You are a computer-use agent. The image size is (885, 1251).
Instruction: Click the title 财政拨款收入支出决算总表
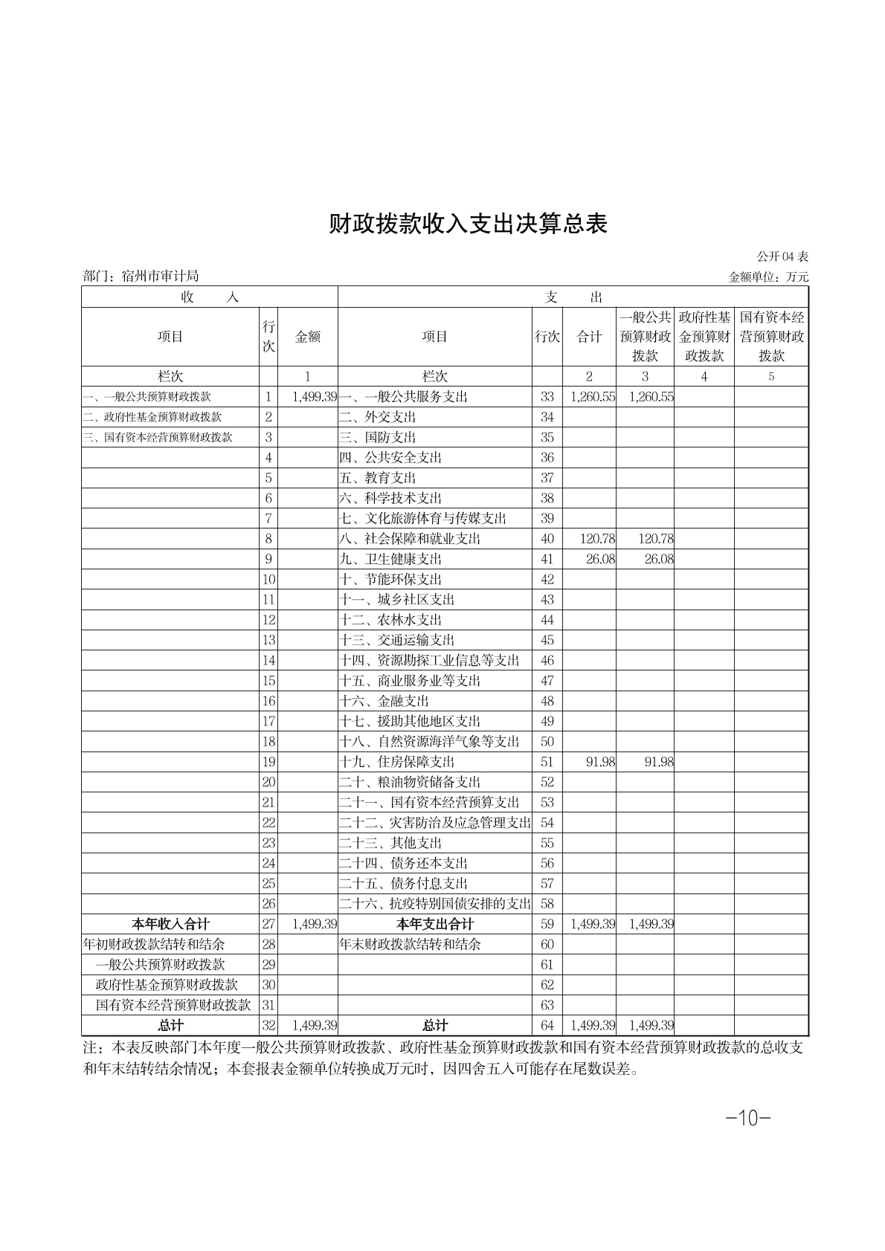click(x=469, y=224)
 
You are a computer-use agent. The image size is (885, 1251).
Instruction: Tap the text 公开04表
click(x=782, y=256)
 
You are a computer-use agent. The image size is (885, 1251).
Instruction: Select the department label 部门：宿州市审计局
click(x=141, y=277)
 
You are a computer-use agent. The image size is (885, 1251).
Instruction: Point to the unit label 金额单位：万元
click(x=768, y=277)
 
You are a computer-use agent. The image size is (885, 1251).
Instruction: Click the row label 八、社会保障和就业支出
click(x=410, y=539)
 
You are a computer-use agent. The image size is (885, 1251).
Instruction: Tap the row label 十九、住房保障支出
click(x=397, y=762)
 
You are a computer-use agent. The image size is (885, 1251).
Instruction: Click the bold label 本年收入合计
click(x=170, y=924)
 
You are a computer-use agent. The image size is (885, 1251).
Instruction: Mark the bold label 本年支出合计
click(x=435, y=924)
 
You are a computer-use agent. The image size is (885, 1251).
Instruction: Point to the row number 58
click(x=547, y=904)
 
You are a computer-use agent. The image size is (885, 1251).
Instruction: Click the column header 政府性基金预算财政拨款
click(x=704, y=337)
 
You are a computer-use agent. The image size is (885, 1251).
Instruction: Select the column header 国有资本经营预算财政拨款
click(x=771, y=337)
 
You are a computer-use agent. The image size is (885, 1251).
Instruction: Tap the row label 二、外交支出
click(x=378, y=417)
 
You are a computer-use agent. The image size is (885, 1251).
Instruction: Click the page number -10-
click(x=747, y=1118)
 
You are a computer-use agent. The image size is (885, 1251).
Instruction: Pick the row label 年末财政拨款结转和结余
click(x=410, y=944)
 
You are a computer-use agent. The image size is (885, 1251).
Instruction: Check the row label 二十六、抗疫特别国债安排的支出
click(x=435, y=904)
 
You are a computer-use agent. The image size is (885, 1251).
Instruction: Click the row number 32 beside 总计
click(x=268, y=1026)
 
